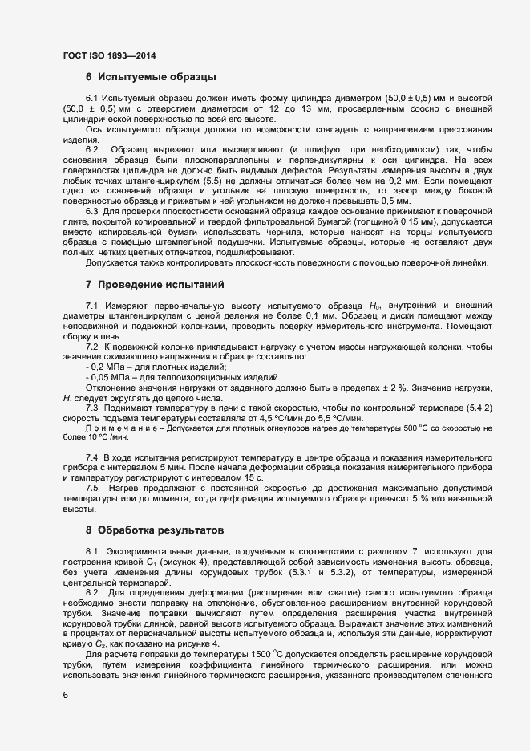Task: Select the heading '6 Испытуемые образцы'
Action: (x=149, y=78)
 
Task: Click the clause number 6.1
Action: (x=91, y=98)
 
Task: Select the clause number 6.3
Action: (x=91, y=212)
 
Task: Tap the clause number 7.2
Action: (x=91, y=346)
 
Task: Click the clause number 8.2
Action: (x=91, y=592)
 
